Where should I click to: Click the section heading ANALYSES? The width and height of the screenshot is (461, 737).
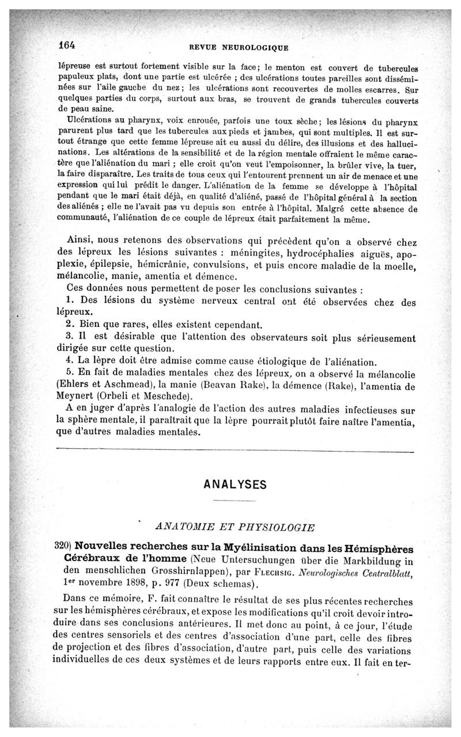pyautogui.click(x=236, y=484)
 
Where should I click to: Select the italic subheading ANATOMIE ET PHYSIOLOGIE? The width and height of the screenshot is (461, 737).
pyautogui.click(x=235, y=527)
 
